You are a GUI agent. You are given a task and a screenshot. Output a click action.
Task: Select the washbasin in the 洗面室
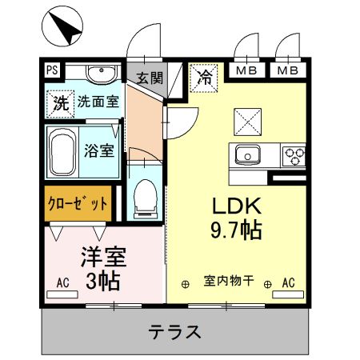[102, 76]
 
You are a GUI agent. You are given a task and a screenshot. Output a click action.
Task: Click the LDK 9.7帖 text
[236, 216]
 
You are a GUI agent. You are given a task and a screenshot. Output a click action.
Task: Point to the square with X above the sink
[245, 121]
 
